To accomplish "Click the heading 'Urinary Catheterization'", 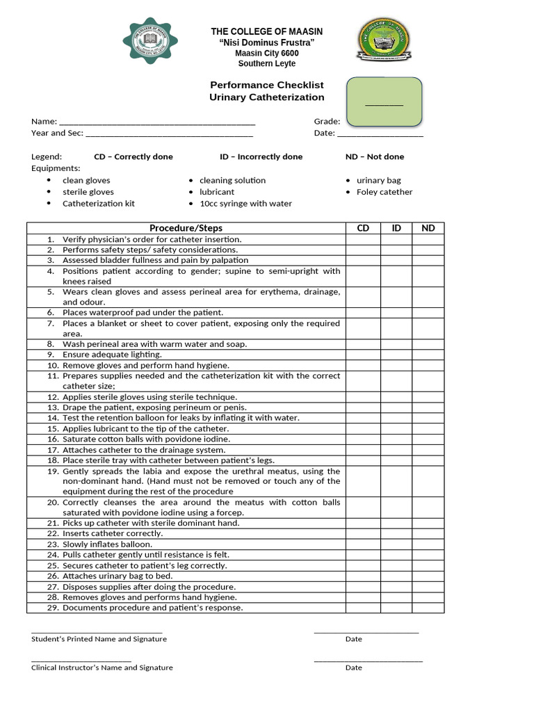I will (267, 97).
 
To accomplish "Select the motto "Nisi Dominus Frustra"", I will (267, 43).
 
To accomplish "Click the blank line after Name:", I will (157, 122).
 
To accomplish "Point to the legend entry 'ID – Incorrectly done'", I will (261, 157).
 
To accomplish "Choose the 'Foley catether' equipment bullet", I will (384, 192).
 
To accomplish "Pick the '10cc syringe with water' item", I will (245, 204).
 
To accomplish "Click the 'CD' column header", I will (363, 228).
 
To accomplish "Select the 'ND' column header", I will (428, 228).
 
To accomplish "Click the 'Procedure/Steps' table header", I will (186, 228).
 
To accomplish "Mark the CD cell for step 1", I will (363, 239).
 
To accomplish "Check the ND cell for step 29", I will (428, 608).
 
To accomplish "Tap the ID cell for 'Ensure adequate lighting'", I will (396, 355).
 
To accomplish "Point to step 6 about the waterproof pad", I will (143, 313).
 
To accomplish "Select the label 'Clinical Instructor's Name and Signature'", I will (102, 667).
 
